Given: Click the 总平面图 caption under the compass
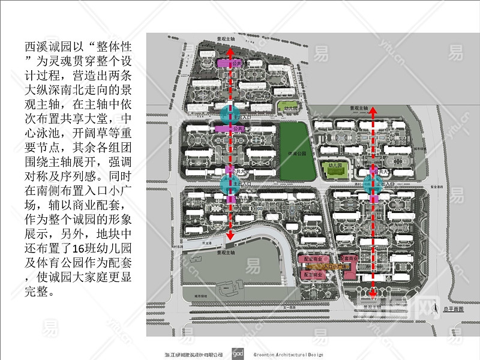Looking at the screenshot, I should pos(454,308).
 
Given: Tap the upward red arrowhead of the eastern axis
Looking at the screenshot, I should pos(373,111).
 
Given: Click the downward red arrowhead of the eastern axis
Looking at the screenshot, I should pos(373,295).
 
